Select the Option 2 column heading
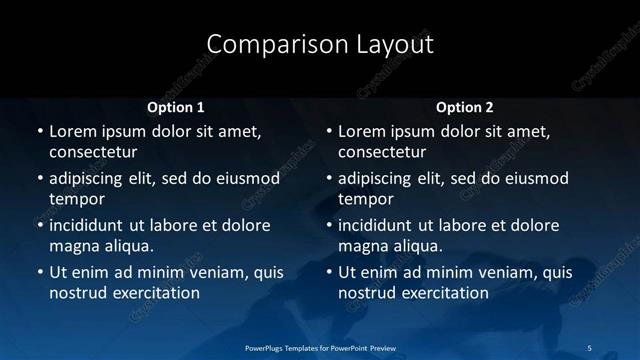pos(465,106)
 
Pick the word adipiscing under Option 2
pos(383,178)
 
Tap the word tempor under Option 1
pos(73,200)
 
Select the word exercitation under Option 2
pos(443,293)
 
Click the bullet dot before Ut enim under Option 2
pos(329,272)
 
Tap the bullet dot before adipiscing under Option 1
pos(39,179)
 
